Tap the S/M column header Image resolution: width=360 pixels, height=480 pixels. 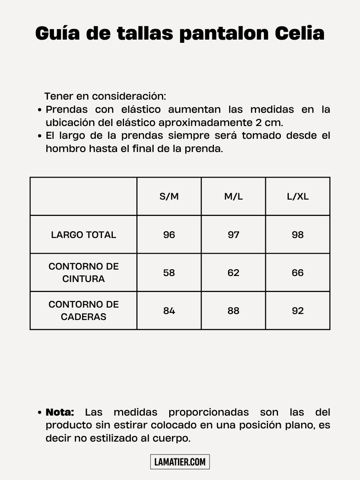(x=169, y=196)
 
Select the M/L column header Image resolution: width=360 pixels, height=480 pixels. (x=233, y=196)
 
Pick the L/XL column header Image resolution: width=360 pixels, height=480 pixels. (x=298, y=196)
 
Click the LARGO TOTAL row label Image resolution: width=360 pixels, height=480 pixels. (x=84, y=235)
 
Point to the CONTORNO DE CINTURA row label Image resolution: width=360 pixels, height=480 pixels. (x=84, y=272)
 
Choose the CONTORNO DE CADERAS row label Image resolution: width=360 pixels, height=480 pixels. (x=84, y=310)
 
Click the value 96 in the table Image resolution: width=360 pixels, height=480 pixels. (x=169, y=235)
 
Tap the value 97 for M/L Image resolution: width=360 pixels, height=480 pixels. (x=233, y=235)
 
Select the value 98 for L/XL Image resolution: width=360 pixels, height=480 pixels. (x=298, y=235)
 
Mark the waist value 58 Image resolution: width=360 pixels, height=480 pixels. (x=169, y=273)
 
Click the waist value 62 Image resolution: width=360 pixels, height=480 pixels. (x=233, y=273)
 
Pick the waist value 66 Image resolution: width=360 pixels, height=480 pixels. (x=298, y=273)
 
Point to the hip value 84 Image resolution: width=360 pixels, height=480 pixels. (x=169, y=311)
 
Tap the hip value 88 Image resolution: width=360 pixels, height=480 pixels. (x=233, y=311)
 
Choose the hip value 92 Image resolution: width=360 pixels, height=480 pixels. (x=298, y=311)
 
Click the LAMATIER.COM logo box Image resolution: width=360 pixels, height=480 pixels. (x=180, y=462)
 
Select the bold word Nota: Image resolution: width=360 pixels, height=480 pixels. (x=60, y=412)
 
